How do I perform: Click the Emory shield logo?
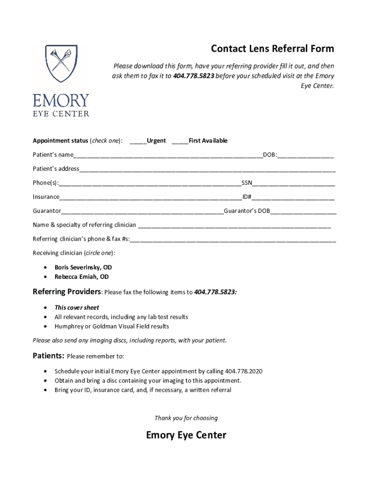pos(61,64)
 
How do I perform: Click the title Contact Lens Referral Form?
pos(272,49)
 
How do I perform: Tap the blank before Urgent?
pos(138,141)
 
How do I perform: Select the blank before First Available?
pos(180,141)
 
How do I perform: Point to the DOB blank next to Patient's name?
pos(305,155)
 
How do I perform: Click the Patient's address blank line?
pos(207,169)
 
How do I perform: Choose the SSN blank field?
pos(293,183)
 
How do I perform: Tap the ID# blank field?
pos(293,197)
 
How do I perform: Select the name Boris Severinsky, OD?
pos(83,267)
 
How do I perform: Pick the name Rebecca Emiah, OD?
pos(82,277)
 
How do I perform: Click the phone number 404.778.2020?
pos(243,371)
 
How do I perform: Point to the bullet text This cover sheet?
pos(77,307)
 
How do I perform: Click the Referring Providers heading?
pos(67,292)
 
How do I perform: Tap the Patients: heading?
pos(48,356)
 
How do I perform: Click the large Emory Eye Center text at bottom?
pos(186,435)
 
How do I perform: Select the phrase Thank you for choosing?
pos(186,418)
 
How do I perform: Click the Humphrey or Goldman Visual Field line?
pos(112,327)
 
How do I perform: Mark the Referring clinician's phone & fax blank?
pos(233,239)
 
